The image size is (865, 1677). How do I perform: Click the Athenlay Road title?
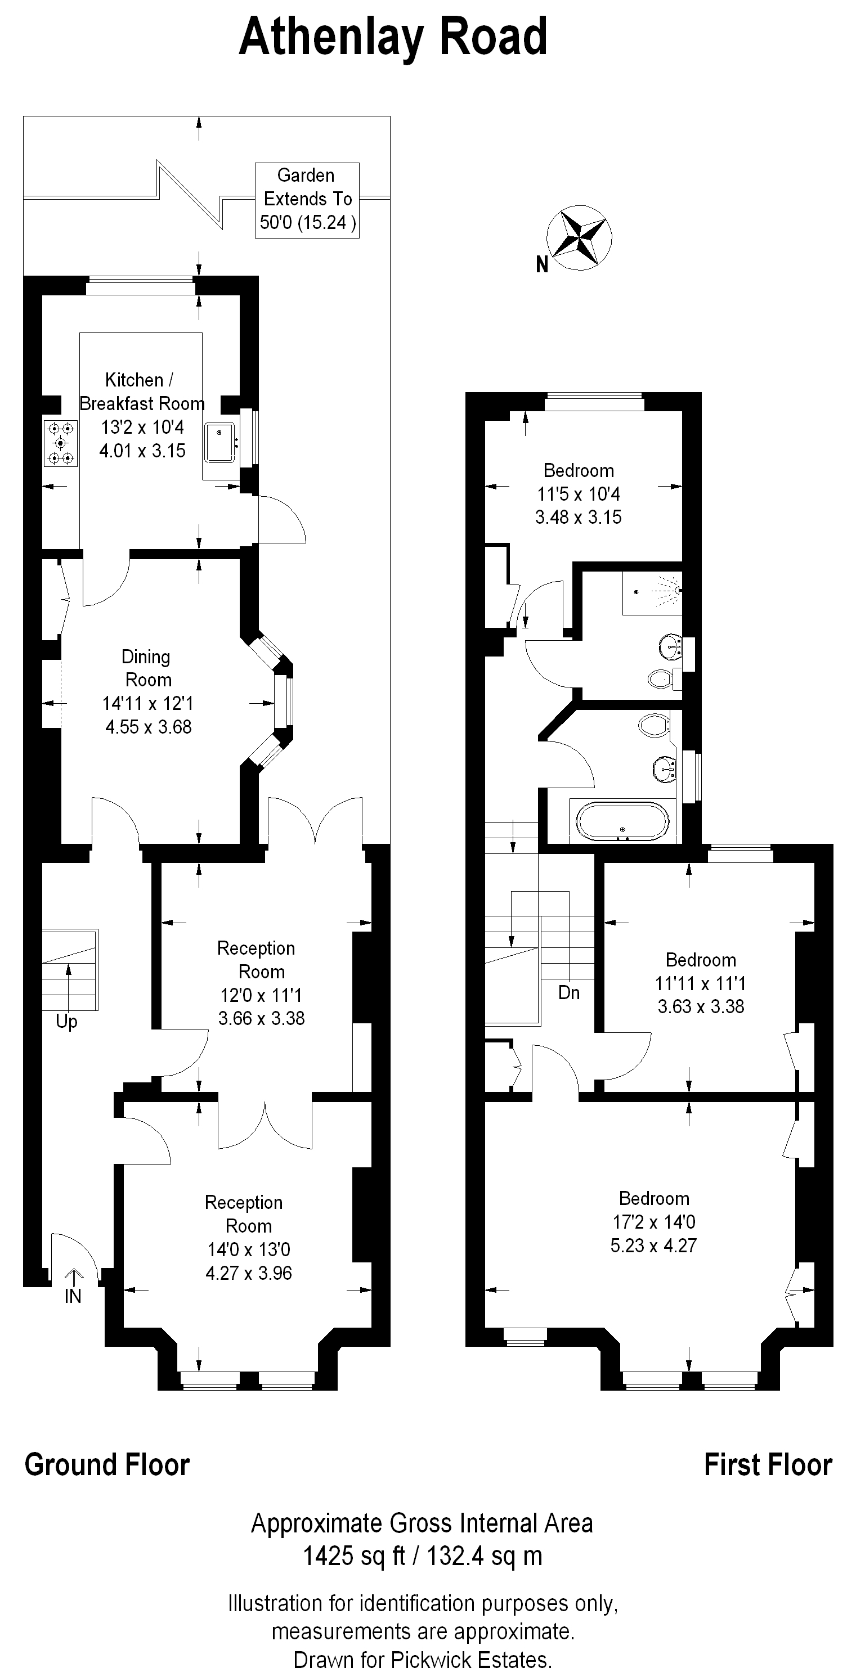click(x=393, y=37)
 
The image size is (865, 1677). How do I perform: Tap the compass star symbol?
click(x=579, y=237)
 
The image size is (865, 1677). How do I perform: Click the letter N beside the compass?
click(x=542, y=264)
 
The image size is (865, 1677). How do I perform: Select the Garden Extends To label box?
click(x=307, y=200)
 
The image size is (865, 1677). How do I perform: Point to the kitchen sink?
click(x=219, y=442)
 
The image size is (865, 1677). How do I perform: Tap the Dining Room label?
click(x=148, y=668)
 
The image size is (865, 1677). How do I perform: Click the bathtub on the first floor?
click(x=622, y=821)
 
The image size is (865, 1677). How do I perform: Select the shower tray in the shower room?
click(x=651, y=592)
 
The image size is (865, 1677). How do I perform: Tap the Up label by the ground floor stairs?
click(x=66, y=1021)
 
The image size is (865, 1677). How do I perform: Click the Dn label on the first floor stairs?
click(x=568, y=992)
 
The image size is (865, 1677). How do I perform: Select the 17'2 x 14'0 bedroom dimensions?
click(x=653, y=1221)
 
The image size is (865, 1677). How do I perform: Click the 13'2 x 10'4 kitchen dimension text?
click(x=142, y=427)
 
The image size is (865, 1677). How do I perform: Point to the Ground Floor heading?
click(x=107, y=1465)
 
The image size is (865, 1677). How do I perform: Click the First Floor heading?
click(x=768, y=1465)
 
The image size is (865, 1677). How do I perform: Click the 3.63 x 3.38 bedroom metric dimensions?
click(x=701, y=1006)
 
